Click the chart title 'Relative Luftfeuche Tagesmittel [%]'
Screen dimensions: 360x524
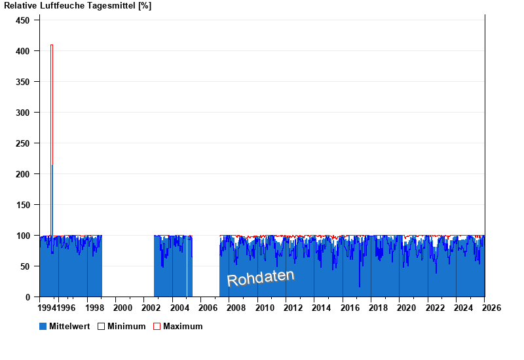(77, 6)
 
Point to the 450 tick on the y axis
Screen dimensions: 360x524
(22, 20)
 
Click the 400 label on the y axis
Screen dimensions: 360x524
(22, 51)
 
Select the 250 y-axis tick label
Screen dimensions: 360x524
(22, 143)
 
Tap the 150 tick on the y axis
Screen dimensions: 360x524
(22, 205)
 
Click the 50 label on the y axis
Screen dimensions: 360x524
(25, 266)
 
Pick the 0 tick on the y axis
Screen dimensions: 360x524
(28, 297)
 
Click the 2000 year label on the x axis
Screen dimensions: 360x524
(123, 308)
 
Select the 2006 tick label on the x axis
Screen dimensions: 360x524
(208, 308)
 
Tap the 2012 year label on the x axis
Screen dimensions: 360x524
(293, 308)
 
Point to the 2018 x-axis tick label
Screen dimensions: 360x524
(378, 308)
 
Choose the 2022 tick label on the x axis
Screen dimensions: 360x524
(435, 308)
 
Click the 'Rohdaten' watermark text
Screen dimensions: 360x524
(261, 278)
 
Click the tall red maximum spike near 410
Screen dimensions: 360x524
(52, 98)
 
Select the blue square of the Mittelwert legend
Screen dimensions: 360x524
(43, 326)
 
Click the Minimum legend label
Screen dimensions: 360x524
(126, 326)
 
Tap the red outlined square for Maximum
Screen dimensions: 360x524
(157, 326)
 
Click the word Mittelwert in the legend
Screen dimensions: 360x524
(69, 326)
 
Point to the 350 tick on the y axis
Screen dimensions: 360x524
(22, 82)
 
